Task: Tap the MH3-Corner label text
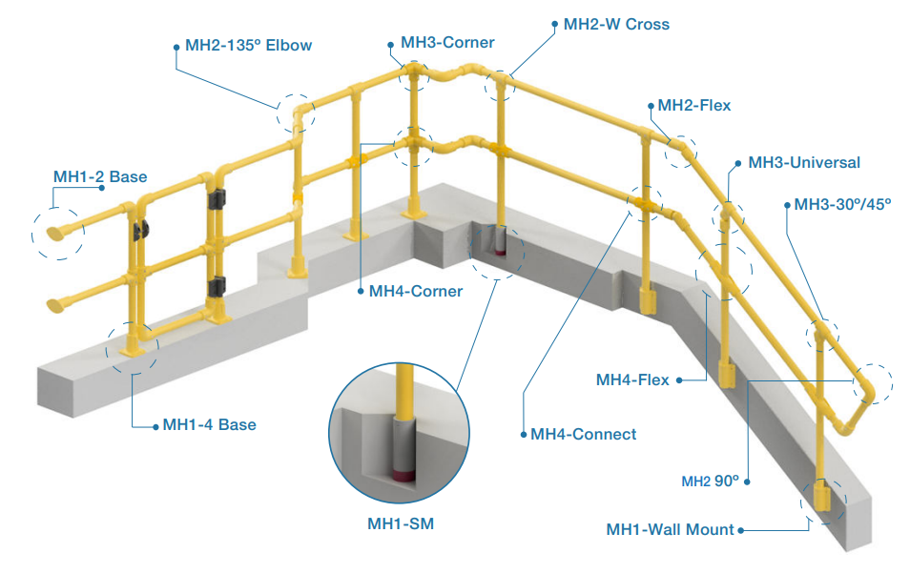[x=447, y=43]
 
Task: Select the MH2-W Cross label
[x=616, y=24]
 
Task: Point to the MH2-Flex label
[x=694, y=105]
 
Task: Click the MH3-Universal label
[x=803, y=162]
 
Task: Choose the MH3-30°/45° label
[x=842, y=204]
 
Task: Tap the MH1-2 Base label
[x=99, y=176]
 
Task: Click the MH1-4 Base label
[x=209, y=424]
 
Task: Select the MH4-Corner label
[x=415, y=291]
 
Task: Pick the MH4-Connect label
[x=583, y=434]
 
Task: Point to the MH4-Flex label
[x=632, y=380]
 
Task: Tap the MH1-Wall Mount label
[x=671, y=529]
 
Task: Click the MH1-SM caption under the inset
[x=401, y=523]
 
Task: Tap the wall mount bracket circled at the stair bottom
[x=820, y=498]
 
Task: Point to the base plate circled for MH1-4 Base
[x=131, y=348]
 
